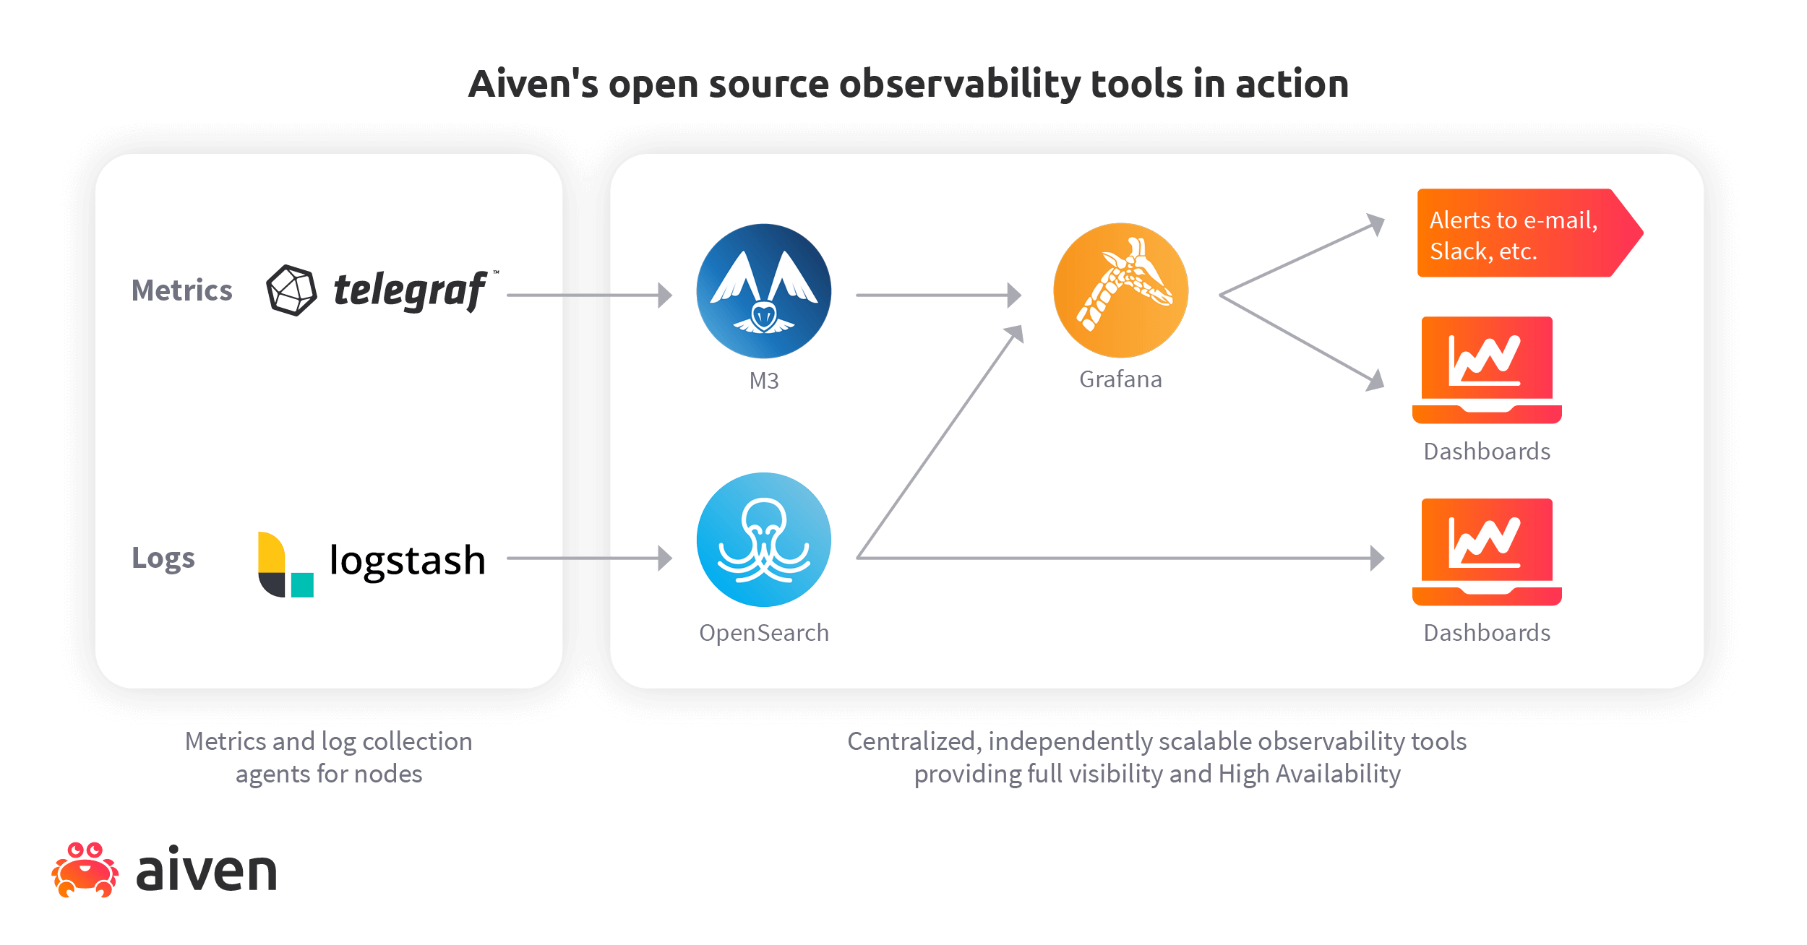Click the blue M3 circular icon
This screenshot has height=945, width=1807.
click(x=764, y=291)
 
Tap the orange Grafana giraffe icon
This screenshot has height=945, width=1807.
click(x=1121, y=290)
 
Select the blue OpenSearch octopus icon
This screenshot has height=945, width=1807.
click(x=764, y=540)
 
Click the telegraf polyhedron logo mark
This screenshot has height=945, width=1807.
click(x=291, y=290)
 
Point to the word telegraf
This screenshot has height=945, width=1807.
click(x=410, y=290)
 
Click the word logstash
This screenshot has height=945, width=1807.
click(x=407, y=561)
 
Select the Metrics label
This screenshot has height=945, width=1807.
click(x=181, y=290)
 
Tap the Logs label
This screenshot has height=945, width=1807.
click(x=163, y=558)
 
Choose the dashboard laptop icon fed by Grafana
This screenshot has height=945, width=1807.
click(x=1487, y=369)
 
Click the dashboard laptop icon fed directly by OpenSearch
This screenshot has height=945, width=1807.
click(x=1487, y=551)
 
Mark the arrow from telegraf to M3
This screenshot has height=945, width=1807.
click(x=589, y=295)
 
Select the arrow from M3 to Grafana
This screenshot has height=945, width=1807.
click(x=938, y=295)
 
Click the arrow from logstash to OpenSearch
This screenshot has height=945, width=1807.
click(x=589, y=558)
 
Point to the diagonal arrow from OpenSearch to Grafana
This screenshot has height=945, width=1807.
click(x=940, y=442)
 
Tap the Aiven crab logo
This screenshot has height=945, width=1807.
click(x=85, y=870)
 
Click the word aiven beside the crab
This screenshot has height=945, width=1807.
click(x=207, y=870)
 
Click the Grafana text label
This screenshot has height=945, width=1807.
click(x=1120, y=379)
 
